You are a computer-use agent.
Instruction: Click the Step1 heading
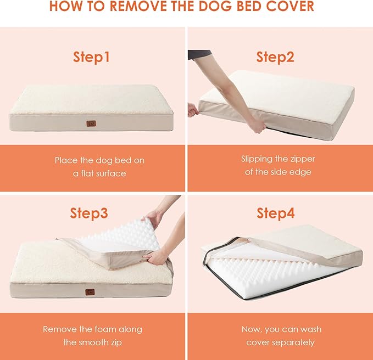(x=92, y=57)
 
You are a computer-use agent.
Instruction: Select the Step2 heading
(x=276, y=57)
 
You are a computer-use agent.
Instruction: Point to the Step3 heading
(x=89, y=213)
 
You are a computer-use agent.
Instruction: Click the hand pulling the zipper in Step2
(x=257, y=126)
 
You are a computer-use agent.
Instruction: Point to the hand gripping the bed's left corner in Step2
(x=193, y=109)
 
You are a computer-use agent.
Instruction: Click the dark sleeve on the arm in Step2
(x=199, y=54)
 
